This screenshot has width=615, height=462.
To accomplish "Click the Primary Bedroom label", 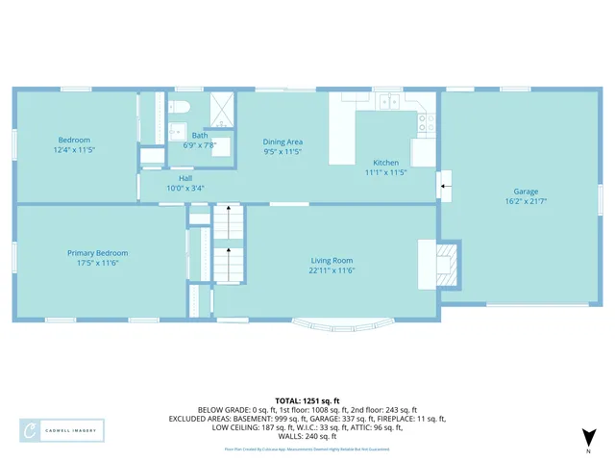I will (x=97, y=253).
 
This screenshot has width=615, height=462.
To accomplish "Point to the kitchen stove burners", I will (x=424, y=122).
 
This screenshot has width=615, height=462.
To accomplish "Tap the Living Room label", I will (x=332, y=261).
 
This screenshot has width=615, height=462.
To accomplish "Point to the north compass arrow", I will (x=589, y=439).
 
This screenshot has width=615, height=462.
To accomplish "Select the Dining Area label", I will (x=283, y=142).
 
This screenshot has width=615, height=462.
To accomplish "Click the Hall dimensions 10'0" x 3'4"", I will (x=184, y=188).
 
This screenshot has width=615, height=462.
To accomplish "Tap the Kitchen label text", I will (x=385, y=163).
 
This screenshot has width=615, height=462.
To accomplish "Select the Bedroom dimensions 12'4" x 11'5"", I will (x=74, y=150).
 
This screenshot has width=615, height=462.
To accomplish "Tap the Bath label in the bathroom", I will (x=200, y=136).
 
